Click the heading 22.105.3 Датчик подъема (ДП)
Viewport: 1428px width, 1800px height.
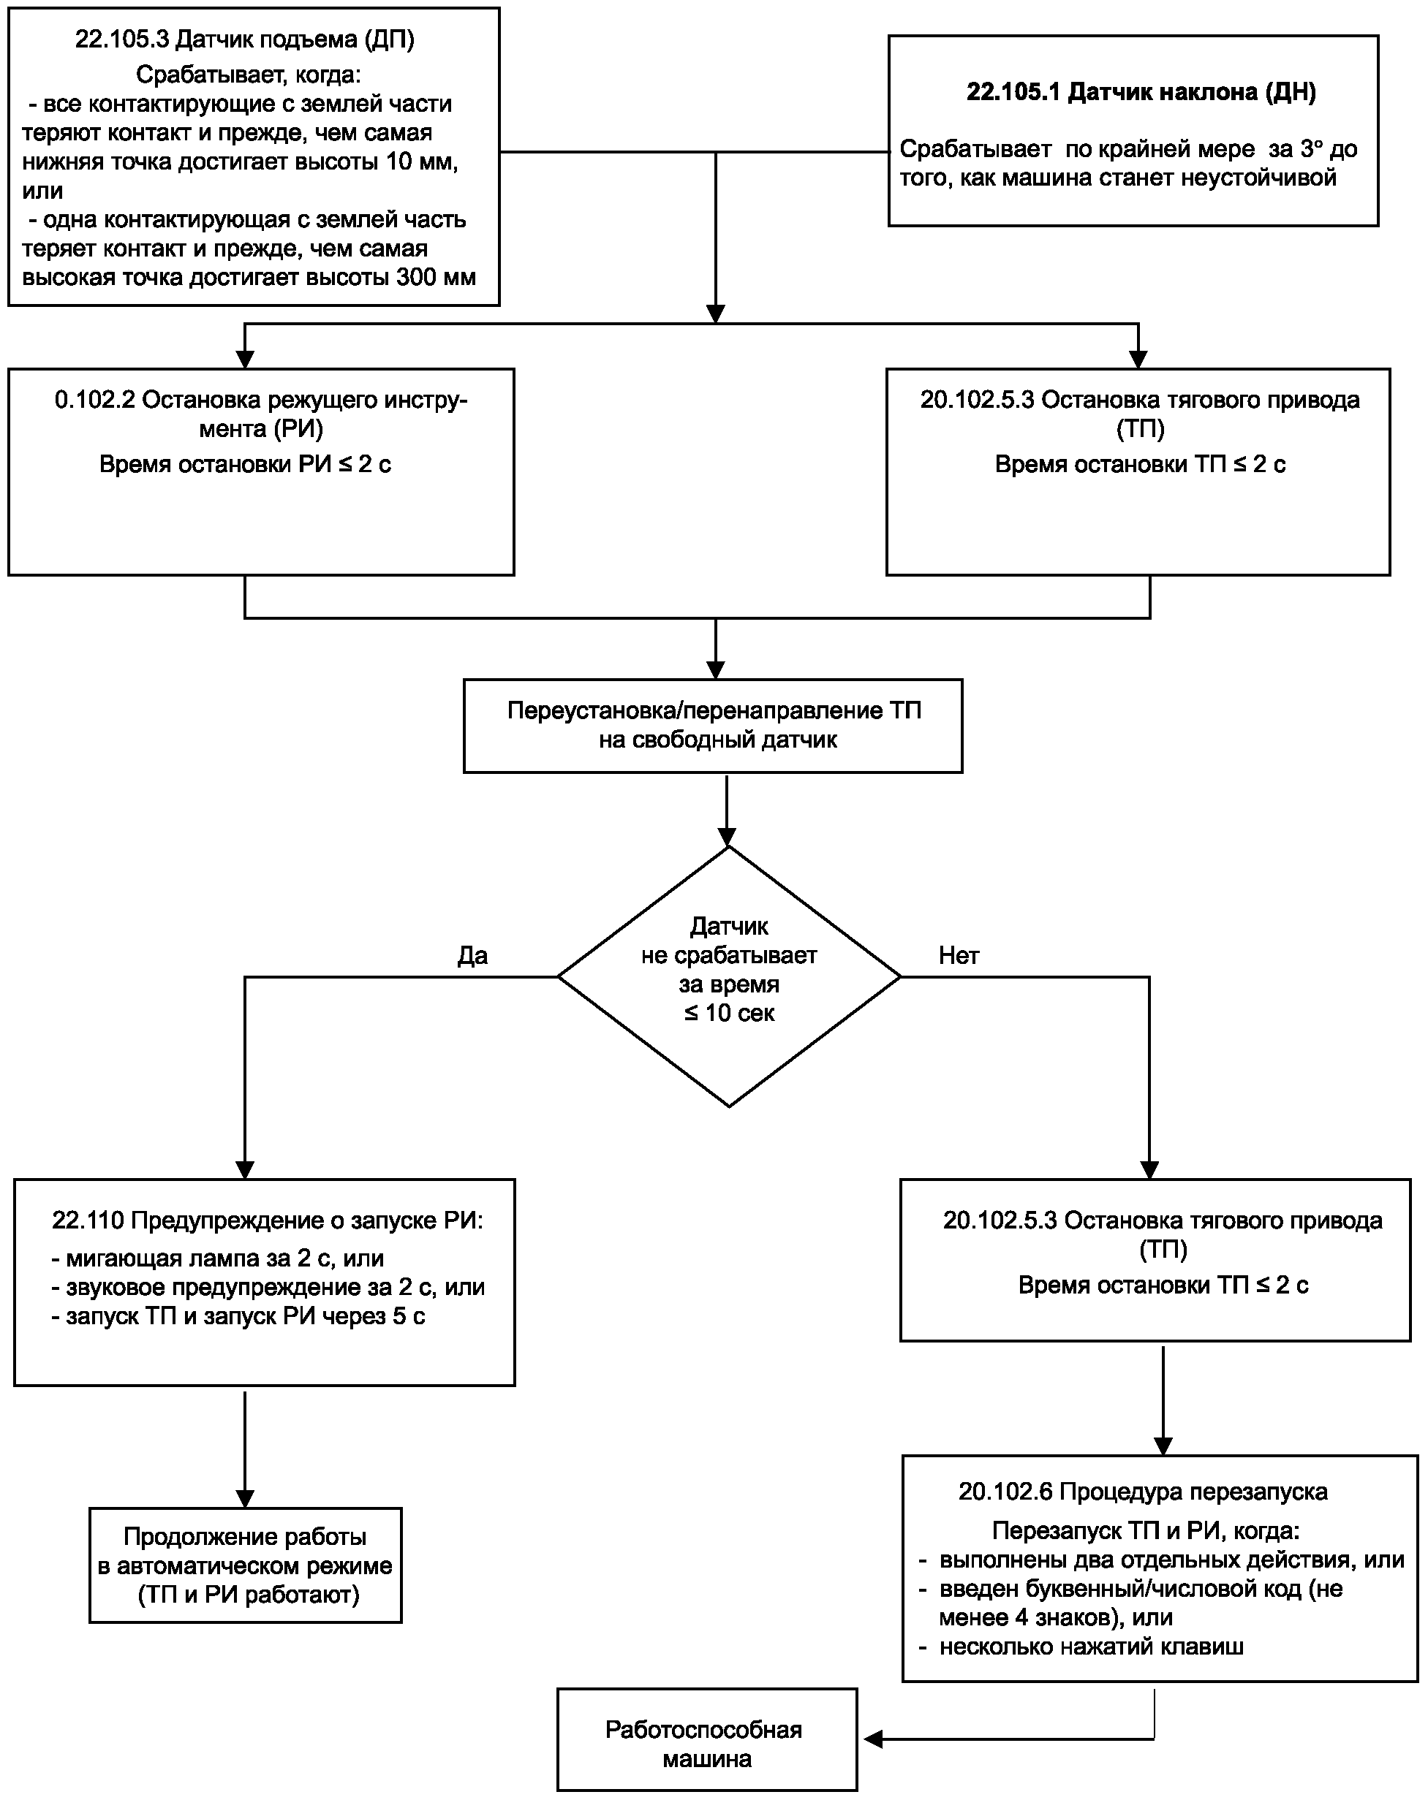click(245, 39)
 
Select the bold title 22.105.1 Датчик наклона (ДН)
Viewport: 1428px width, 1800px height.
click(1141, 92)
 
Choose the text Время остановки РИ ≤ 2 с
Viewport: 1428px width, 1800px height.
click(245, 464)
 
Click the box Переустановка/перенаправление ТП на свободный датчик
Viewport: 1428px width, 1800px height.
click(713, 726)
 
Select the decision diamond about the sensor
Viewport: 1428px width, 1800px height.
click(729, 977)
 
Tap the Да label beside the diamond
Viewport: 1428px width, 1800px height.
click(472, 955)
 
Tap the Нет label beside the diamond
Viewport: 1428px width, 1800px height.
click(959, 955)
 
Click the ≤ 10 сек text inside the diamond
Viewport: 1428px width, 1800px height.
click(729, 1013)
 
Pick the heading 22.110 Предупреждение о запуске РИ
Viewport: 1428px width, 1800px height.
click(267, 1220)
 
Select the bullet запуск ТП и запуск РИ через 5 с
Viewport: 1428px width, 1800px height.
click(238, 1317)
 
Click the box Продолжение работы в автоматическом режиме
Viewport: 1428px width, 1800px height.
click(246, 1565)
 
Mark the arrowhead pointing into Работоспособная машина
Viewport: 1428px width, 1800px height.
click(873, 1739)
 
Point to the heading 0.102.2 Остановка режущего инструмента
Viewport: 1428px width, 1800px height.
click(261, 414)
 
